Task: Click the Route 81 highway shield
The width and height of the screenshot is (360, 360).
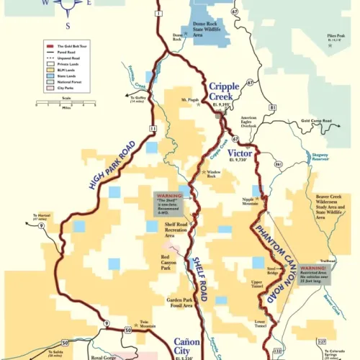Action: coord(272,107)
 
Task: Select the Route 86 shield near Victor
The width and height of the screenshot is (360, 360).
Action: coord(277,165)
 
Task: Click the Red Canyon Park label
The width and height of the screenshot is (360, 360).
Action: coord(169,261)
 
